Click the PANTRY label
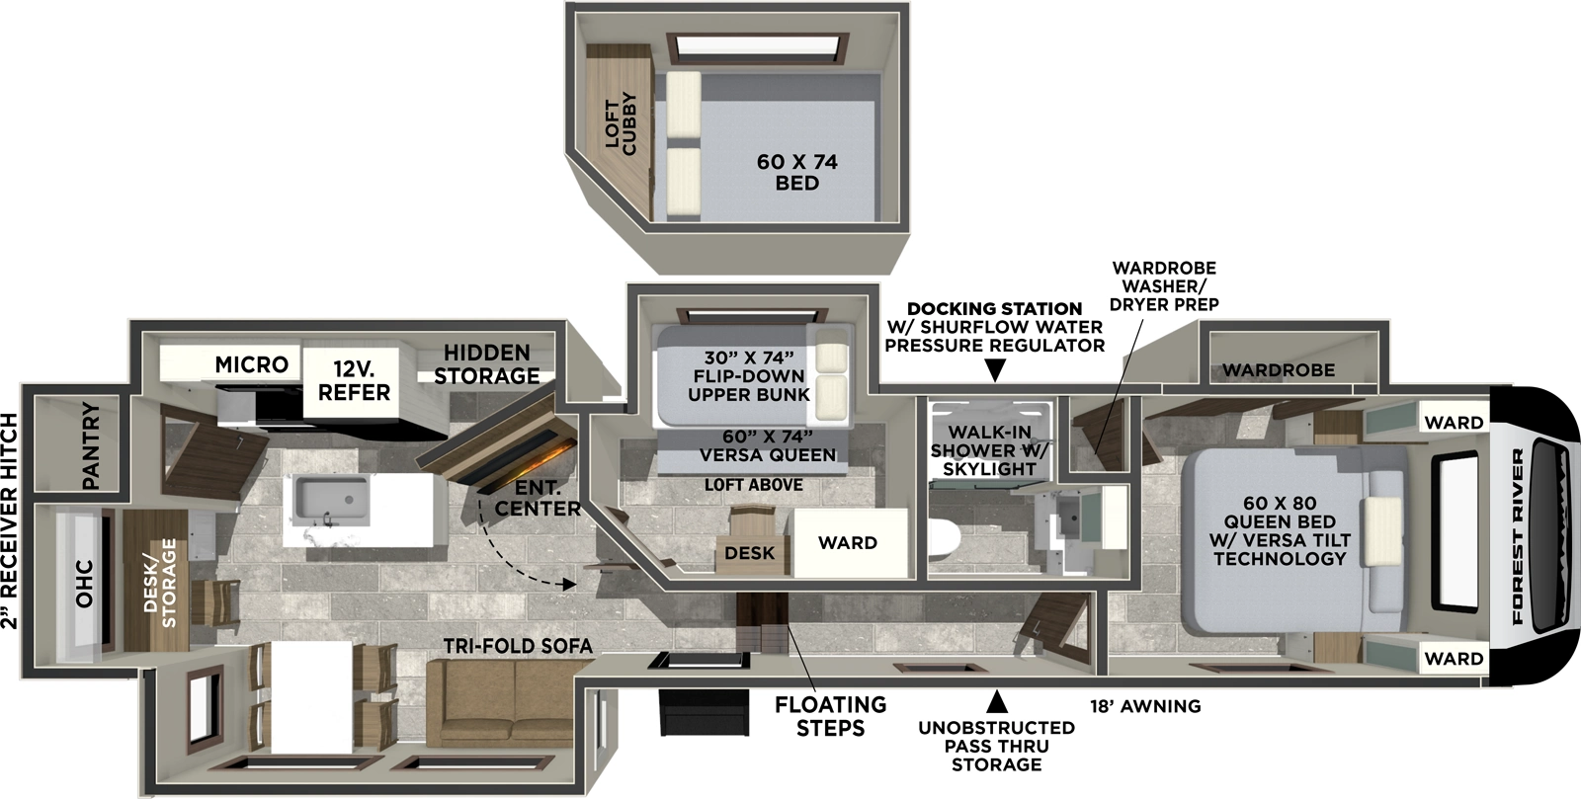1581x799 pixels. [91, 445]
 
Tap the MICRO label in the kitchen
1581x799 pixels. [251, 364]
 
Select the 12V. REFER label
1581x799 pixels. [354, 380]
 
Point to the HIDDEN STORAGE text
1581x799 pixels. [486, 364]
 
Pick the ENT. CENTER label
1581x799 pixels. [538, 499]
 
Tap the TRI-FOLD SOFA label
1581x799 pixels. [518, 646]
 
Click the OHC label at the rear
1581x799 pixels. [84, 584]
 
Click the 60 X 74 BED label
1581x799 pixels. [796, 172]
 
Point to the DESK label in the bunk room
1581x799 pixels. [749, 553]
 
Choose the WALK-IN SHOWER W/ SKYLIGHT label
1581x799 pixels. [989, 450]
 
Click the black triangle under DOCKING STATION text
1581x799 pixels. [995, 370]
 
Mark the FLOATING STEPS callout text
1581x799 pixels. [830, 716]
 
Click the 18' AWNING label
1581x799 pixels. [1145, 706]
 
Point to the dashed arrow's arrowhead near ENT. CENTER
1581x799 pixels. [569, 585]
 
